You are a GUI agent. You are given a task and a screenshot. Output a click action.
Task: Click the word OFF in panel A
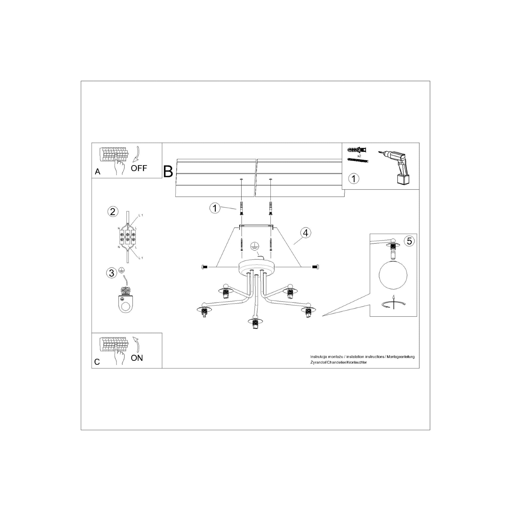[x=139, y=168]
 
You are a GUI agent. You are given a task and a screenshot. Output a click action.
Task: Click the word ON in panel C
[x=137, y=358]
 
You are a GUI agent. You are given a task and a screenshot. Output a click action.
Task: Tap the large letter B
[x=168, y=171]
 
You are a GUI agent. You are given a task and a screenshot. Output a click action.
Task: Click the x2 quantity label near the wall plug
[x=359, y=156]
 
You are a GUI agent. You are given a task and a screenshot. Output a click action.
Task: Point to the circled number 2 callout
[x=113, y=212]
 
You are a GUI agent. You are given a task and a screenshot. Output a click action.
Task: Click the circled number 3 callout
[x=112, y=273]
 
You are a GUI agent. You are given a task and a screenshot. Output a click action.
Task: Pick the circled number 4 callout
[x=306, y=233]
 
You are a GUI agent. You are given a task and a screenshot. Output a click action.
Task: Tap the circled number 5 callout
[x=409, y=241]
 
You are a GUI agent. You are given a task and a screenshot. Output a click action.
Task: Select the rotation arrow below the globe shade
[x=393, y=303]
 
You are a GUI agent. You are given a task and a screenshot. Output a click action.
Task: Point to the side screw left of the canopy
[x=204, y=267]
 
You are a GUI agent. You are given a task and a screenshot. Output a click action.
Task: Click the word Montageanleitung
[x=401, y=357]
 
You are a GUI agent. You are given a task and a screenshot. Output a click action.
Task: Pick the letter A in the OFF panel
[x=98, y=172]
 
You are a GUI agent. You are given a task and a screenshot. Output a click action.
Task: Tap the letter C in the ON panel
[x=97, y=362]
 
